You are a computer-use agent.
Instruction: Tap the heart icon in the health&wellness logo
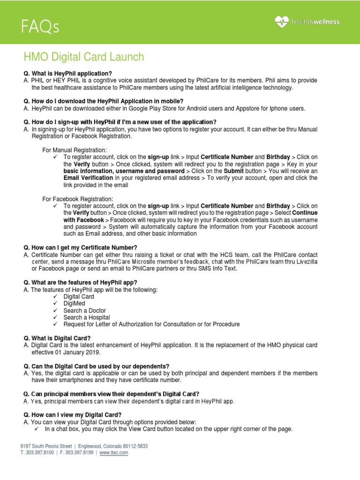(282, 22)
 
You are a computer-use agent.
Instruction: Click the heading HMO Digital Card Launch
(84, 57)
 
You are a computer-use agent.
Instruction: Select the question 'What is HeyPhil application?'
(68, 74)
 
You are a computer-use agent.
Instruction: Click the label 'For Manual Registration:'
(75, 149)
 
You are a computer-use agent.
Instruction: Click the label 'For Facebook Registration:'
(77, 199)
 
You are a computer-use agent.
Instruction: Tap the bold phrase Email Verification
(88, 178)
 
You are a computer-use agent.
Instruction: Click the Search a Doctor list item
(85, 310)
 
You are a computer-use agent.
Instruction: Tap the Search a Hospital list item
(87, 317)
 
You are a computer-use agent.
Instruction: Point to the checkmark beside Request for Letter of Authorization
(55, 324)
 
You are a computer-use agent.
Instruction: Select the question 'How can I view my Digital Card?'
(73, 415)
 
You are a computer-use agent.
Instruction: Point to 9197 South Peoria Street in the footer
(46, 446)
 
